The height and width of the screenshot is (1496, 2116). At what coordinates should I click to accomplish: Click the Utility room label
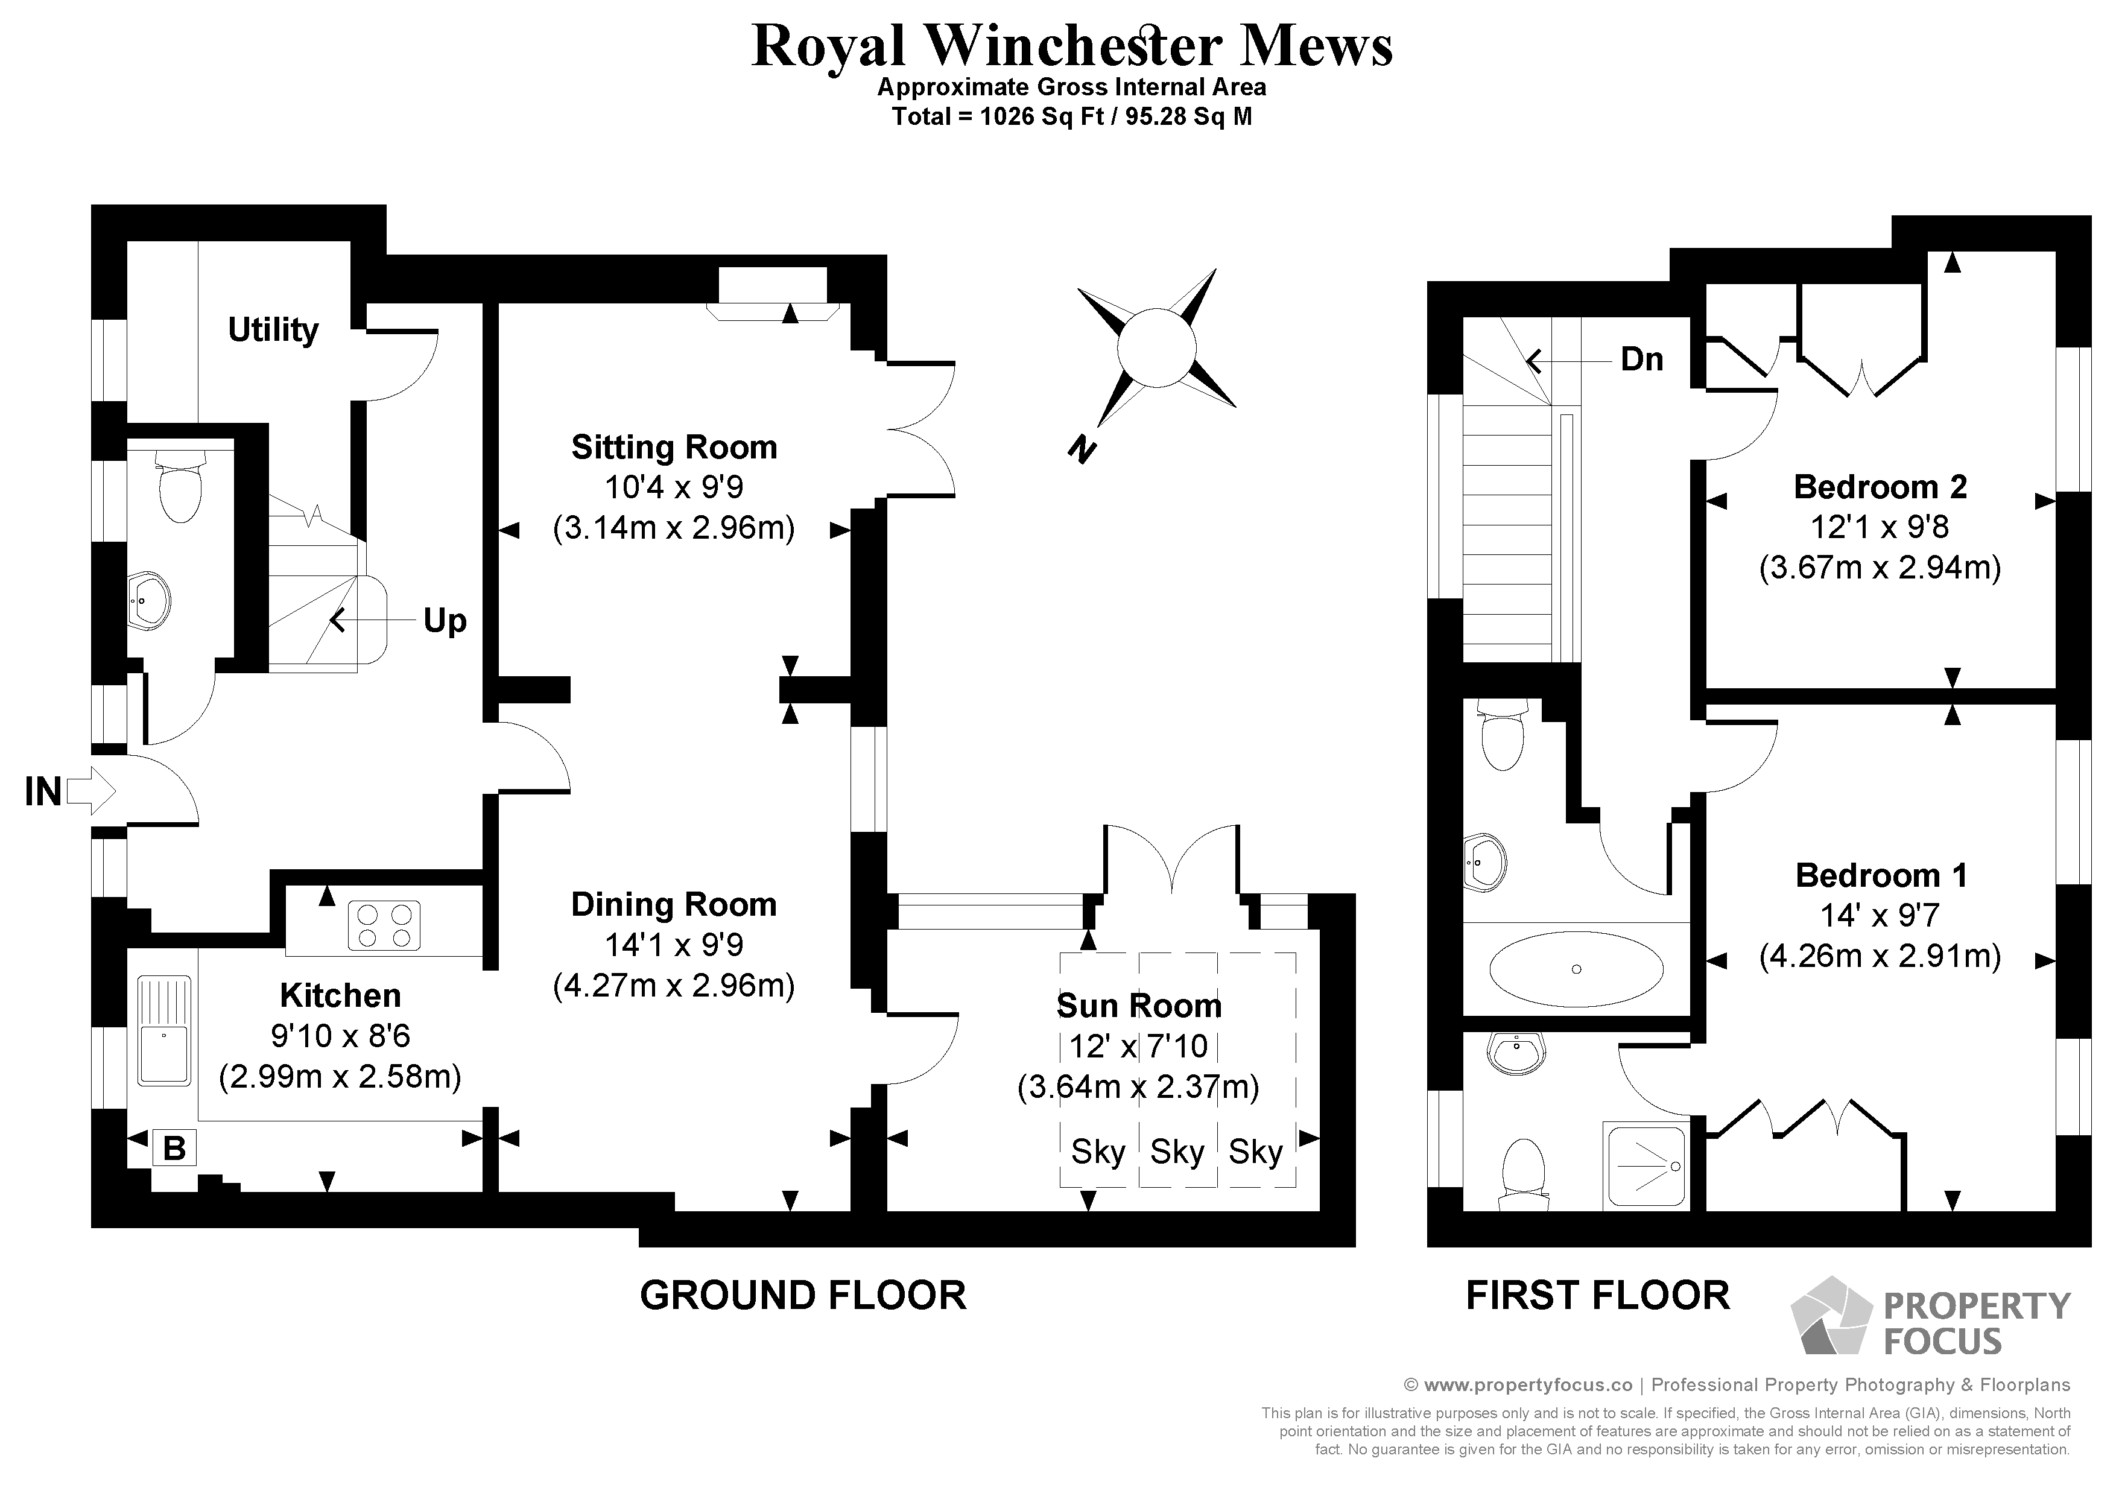tap(273, 329)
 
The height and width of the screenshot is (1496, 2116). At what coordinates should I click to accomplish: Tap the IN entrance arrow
tap(92, 791)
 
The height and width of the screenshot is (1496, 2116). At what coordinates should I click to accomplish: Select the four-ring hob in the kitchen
tap(384, 925)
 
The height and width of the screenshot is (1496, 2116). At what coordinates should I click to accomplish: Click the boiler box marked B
tap(174, 1149)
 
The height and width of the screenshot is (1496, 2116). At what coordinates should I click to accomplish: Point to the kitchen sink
tap(164, 1030)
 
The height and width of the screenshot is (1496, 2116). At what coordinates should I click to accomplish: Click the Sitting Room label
tap(674, 447)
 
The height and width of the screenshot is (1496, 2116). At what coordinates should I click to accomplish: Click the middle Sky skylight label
tap(1177, 1152)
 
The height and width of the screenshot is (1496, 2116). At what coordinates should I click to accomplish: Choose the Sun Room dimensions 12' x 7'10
tap(1138, 1046)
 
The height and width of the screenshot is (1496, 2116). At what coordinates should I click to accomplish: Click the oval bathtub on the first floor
tap(1576, 969)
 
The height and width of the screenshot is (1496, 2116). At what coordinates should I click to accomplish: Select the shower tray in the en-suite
tap(1646, 1165)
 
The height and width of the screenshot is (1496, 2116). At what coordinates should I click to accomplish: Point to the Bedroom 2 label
tap(1880, 487)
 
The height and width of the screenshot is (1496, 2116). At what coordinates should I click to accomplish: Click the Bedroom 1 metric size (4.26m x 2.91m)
tap(1880, 956)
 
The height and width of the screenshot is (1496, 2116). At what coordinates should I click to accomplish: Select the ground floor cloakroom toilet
tap(180, 489)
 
